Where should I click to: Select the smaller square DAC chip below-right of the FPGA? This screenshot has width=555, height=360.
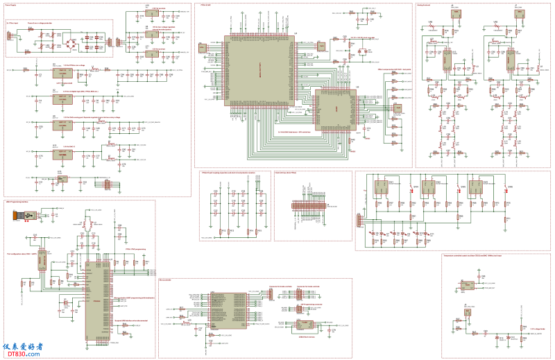pos(334,110)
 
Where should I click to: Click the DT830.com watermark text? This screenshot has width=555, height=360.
pos(24,354)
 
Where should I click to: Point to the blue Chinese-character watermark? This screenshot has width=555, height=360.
pos(24,346)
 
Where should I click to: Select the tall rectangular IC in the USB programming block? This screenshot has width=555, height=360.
pos(93,299)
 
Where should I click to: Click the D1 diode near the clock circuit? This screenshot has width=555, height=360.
pos(361,53)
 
